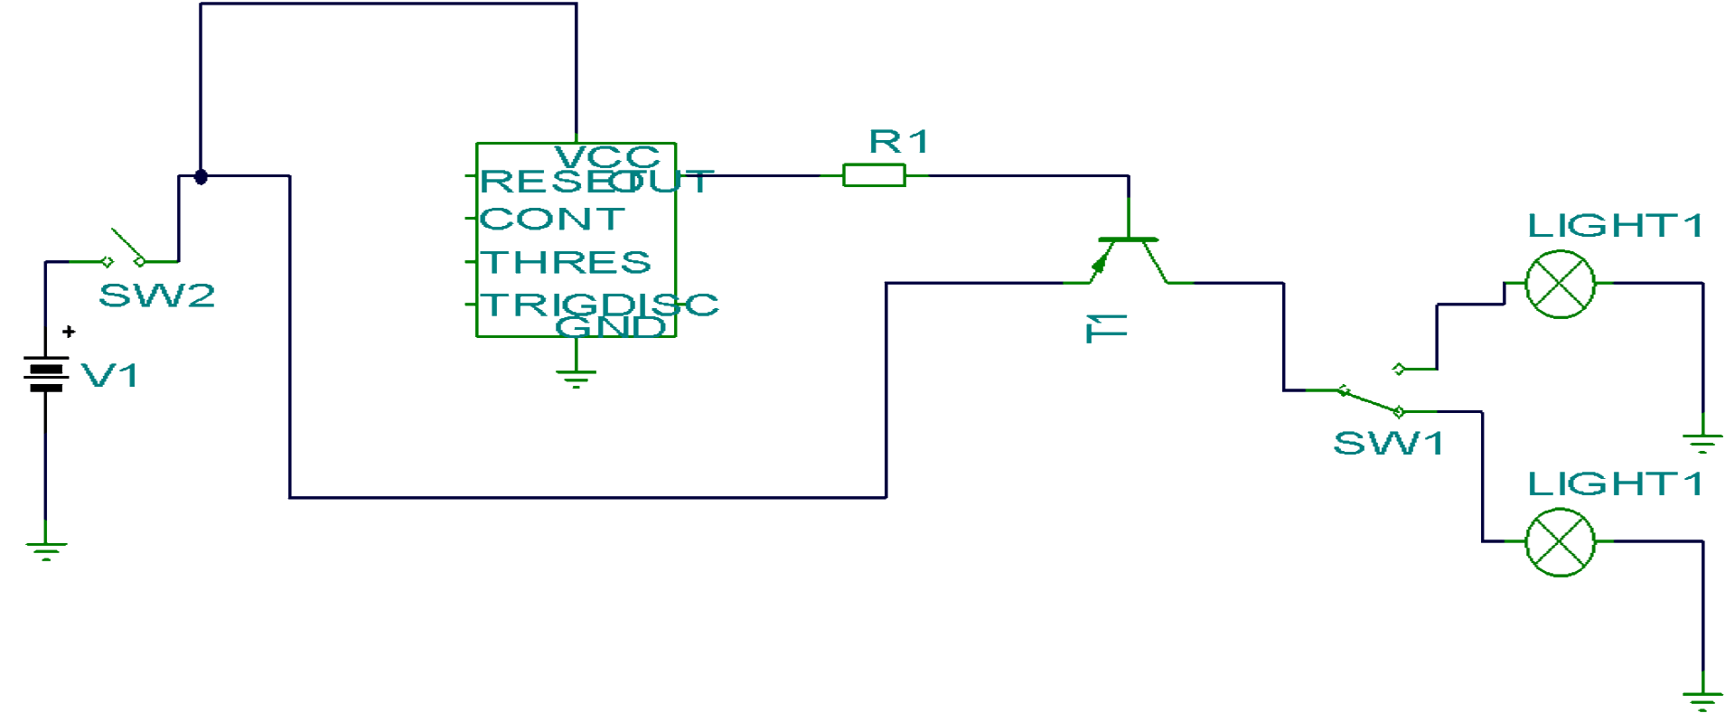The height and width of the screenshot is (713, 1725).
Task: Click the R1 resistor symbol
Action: coord(873,175)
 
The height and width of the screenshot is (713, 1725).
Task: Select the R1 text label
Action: coord(898,142)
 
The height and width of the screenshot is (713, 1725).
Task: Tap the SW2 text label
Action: coord(157,296)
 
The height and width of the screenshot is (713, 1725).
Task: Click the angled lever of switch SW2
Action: coord(127,244)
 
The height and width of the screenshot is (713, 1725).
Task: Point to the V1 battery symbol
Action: coord(46,374)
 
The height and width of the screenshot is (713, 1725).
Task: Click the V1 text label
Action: coord(109,375)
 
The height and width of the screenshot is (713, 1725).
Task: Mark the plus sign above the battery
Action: coord(69,332)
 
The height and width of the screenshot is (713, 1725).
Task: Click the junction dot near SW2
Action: coord(201,176)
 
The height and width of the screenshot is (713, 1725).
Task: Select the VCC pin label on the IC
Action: coord(606,156)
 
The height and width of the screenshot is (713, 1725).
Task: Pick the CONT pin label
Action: coord(551,219)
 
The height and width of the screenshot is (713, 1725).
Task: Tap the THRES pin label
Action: coord(565,262)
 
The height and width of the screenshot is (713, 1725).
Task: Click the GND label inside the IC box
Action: coord(611,326)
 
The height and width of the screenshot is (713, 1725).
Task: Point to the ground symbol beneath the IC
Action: coord(576,377)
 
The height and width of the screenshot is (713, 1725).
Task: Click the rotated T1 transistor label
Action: coord(1106,328)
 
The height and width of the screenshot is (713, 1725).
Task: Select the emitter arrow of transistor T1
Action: coord(1099,264)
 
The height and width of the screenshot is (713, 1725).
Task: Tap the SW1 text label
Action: coord(1388,444)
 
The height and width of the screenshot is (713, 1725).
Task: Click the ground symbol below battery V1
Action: coord(46,549)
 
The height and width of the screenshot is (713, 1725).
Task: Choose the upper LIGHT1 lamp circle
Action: coord(1560,284)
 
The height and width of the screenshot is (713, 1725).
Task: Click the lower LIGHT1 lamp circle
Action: coord(1560,542)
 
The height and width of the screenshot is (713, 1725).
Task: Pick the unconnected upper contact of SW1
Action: coord(1399,369)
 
